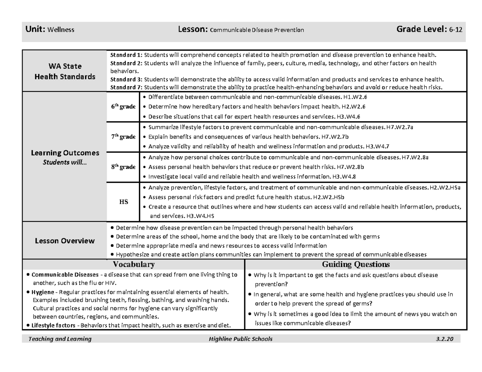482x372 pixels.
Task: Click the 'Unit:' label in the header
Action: coord(36,29)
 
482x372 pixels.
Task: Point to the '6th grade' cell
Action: coord(123,107)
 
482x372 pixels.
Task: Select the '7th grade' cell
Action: coord(123,137)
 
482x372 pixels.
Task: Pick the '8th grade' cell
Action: coord(123,167)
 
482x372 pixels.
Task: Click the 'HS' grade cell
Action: coord(123,202)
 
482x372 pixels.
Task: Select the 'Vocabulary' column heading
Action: coord(134,264)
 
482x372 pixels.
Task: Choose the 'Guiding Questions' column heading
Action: coord(355,264)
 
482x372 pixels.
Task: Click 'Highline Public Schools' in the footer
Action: coord(238,339)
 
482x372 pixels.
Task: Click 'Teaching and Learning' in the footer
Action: coord(59,339)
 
